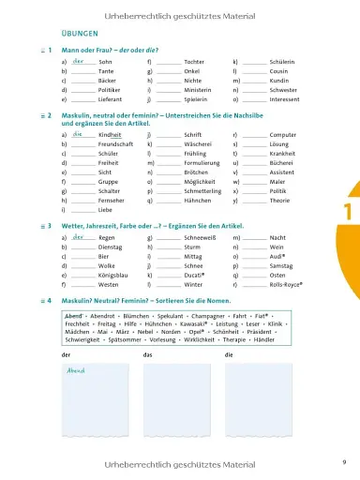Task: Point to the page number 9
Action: point(344,459)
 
